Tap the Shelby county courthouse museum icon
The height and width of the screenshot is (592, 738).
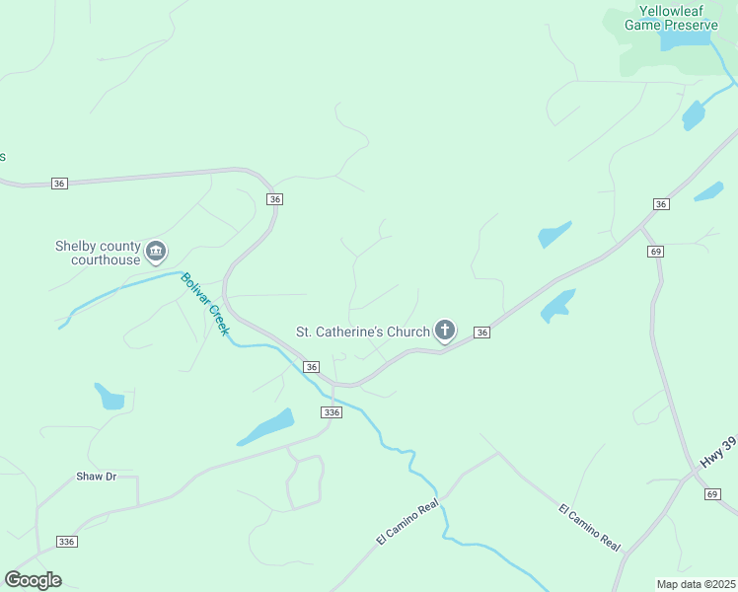(x=156, y=253)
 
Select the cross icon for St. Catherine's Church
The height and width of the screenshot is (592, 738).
(x=445, y=331)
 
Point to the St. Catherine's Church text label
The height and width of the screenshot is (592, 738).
(x=363, y=332)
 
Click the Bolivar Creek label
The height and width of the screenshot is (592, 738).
(x=205, y=304)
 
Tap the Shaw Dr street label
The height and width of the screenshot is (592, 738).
(x=96, y=477)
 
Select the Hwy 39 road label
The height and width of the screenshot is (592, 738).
(x=717, y=451)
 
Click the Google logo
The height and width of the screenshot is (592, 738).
(x=33, y=580)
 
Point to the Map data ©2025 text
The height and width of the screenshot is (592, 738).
(x=696, y=584)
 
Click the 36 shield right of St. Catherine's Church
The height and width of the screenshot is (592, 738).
(x=481, y=333)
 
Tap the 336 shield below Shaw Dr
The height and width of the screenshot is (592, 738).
(x=67, y=542)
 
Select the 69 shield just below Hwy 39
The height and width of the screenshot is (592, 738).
(x=712, y=493)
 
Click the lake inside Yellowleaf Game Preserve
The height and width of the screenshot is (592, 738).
(x=683, y=40)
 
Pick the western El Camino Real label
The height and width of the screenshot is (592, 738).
(x=406, y=524)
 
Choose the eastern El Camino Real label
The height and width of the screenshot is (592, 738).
(x=589, y=527)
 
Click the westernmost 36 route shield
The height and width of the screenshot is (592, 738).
(x=60, y=184)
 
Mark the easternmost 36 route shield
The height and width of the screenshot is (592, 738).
(x=661, y=203)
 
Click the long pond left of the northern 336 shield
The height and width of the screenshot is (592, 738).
(x=266, y=427)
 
